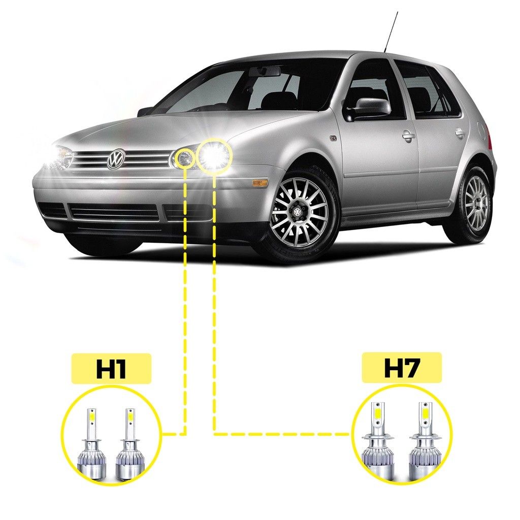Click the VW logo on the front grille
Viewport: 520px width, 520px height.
tap(116, 158)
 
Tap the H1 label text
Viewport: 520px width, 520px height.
tap(111, 368)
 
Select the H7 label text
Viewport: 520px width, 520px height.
tap(402, 368)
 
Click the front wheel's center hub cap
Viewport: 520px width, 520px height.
tap(298, 212)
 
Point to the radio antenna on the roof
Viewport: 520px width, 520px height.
tap(391, 32)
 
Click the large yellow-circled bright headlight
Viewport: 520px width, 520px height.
tap(213, 154)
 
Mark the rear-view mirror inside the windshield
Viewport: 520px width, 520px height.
tap(265, 71)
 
